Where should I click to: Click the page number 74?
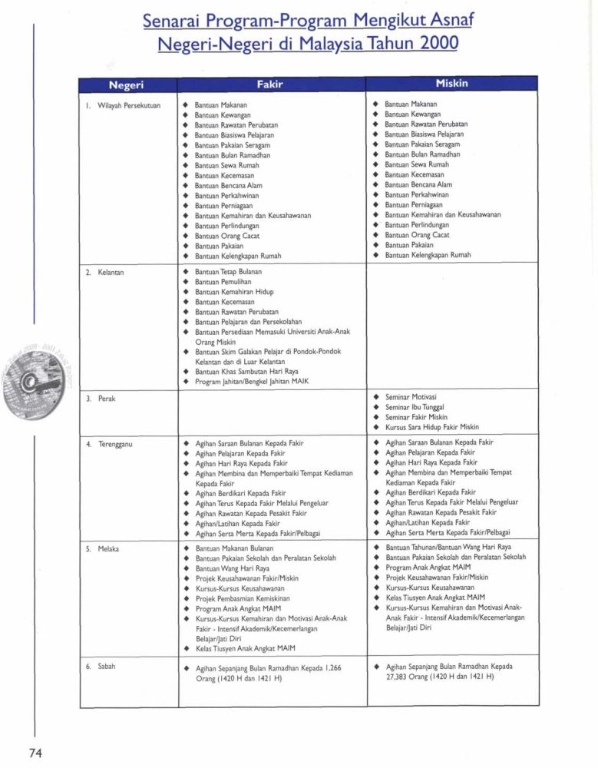(35, 752)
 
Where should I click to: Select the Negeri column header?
(127, 84)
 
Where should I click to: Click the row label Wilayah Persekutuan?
(124, 104)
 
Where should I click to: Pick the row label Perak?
(105, 399)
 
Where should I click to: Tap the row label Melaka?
(107, 549)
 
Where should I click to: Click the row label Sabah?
(105, 667)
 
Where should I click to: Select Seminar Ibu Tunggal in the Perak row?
(415, 407)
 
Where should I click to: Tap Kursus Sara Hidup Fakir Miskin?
(431, 427)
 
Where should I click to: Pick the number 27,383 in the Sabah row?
(401, 677)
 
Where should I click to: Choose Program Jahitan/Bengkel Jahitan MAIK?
(252, 382)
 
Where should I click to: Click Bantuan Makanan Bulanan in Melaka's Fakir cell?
(233, 549)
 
